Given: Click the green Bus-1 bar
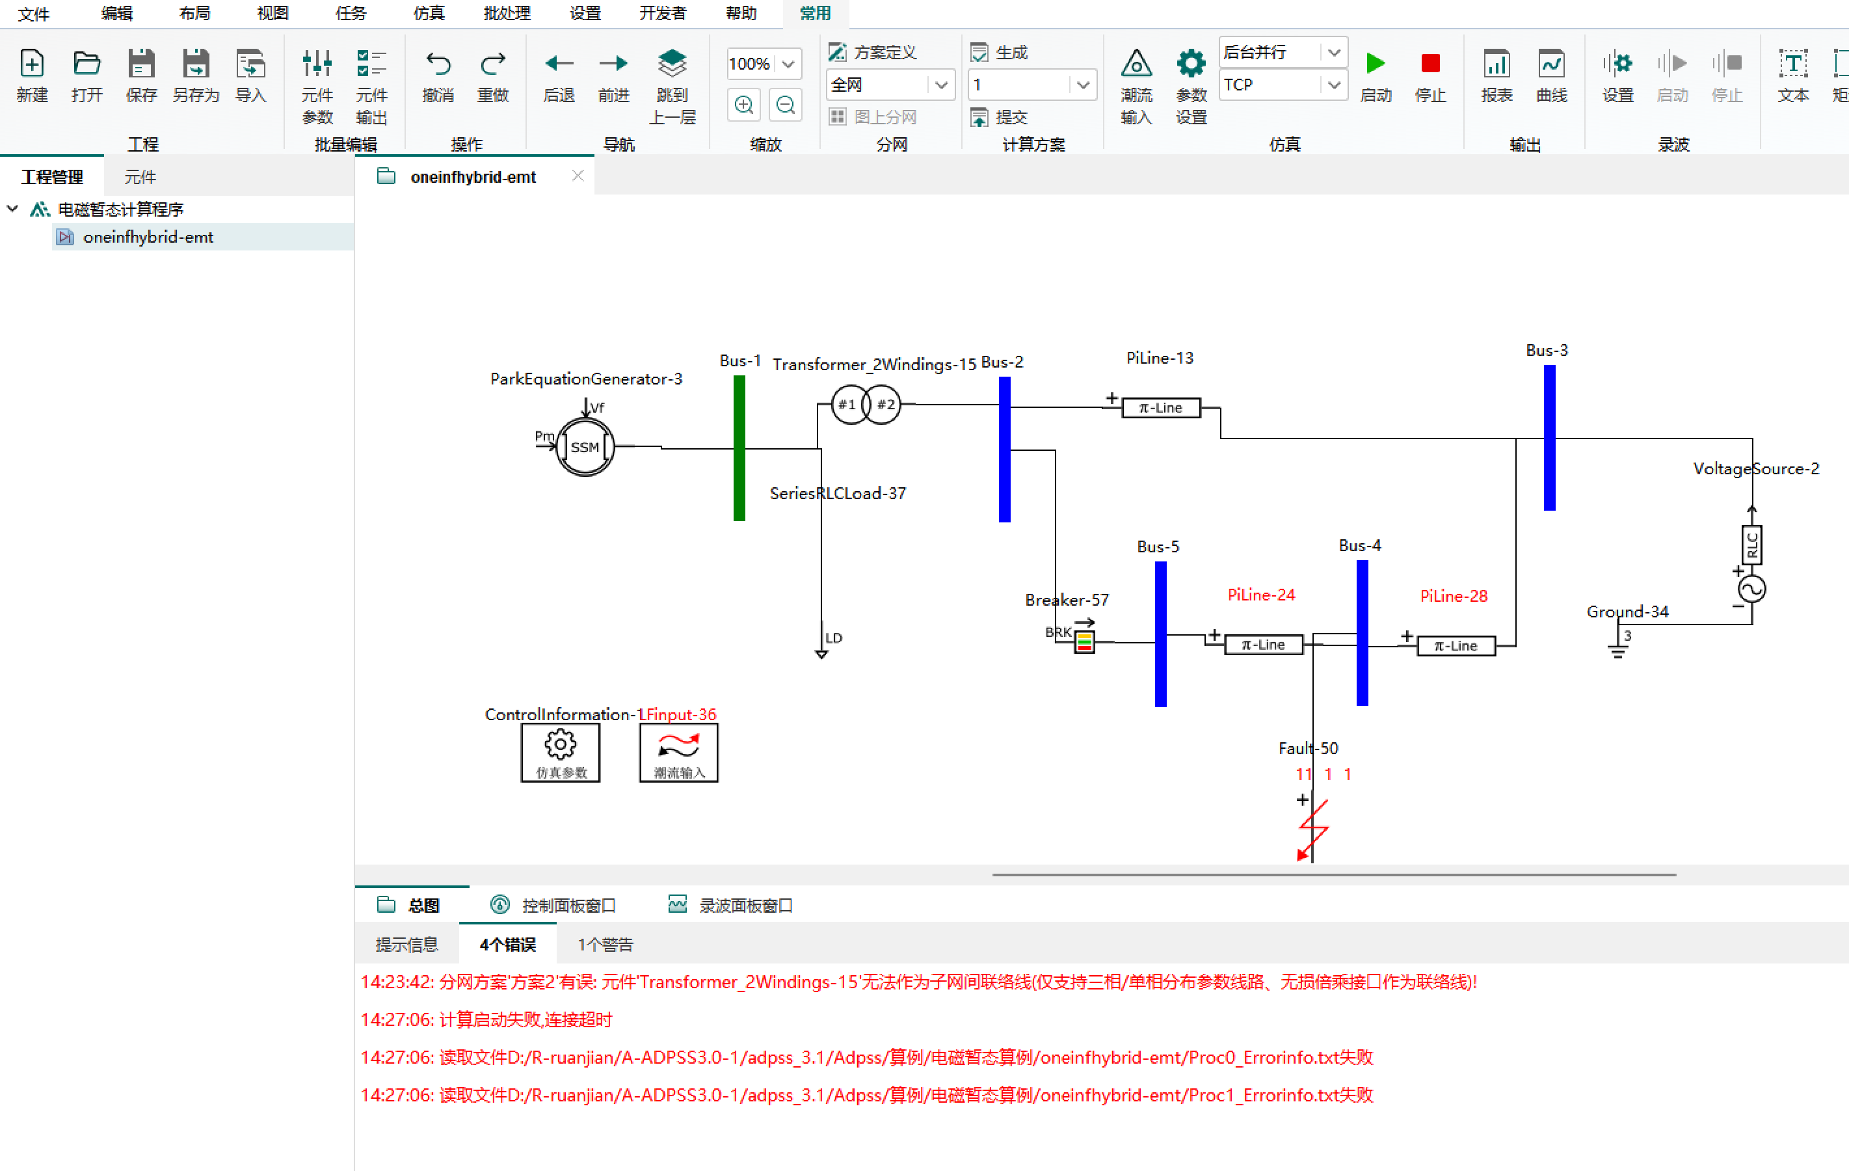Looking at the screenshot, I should pos(739,448).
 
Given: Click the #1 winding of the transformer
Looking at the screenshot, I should pos(847,405).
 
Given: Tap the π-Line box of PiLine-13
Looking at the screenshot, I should pos(1160,408).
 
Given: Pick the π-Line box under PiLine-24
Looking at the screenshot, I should pos(1263,645).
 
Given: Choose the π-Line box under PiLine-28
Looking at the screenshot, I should pos(1456,646).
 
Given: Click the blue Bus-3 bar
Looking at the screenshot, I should pos(1550,437).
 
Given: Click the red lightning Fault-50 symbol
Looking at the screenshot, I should pos(1313,829).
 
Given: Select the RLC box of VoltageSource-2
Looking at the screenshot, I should pos(1751,545).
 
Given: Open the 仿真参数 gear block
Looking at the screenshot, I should pos(561,752).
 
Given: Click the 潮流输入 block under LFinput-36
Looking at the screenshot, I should pos(679,752).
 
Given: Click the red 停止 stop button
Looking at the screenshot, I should pos(1430,64).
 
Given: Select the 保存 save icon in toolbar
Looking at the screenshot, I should pos(141,64).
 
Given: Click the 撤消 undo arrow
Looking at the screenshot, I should pos(438,64).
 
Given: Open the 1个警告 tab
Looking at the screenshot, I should pos(605,945).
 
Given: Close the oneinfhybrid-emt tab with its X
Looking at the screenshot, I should pos(578,176).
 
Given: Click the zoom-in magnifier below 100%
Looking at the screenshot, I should pos(743,105).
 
